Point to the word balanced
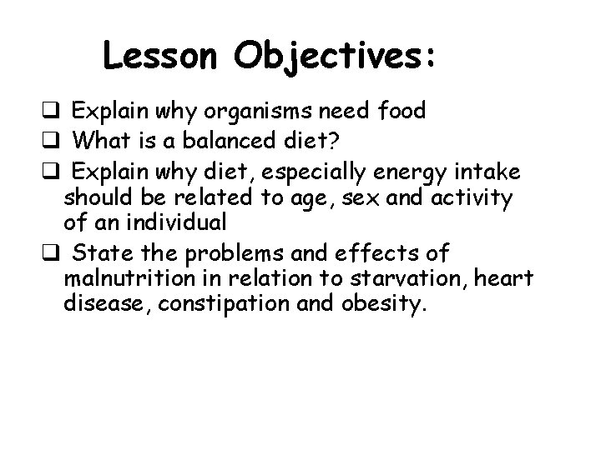[x=235, y=140]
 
